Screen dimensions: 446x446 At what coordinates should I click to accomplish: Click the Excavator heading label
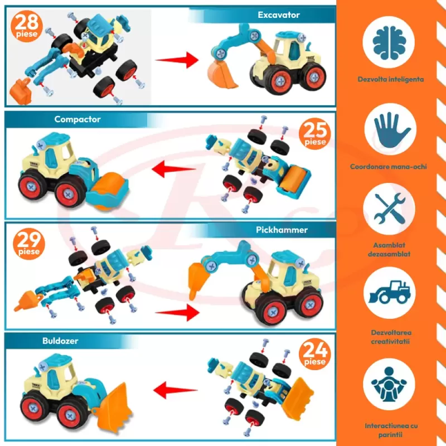click(279, 15)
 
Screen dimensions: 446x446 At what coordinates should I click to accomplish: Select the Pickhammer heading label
click(282, 230)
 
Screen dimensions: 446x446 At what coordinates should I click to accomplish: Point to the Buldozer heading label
click(60, 340)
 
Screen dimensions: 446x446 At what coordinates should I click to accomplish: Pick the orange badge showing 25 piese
click(316, 134)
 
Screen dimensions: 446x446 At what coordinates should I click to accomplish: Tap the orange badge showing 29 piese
click(28, 244)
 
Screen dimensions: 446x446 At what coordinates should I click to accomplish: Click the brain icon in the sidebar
click(390, 45)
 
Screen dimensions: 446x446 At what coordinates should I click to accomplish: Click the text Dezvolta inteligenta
click(390, 79)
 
